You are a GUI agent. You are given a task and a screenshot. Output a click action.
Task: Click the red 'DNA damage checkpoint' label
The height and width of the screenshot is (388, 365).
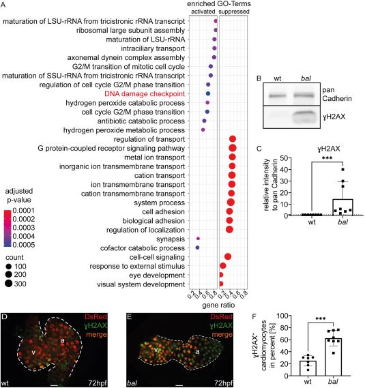145,94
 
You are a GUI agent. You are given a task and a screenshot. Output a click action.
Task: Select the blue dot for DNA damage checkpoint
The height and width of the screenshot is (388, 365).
208,93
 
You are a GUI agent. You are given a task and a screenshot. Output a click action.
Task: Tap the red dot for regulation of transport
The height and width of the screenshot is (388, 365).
233,139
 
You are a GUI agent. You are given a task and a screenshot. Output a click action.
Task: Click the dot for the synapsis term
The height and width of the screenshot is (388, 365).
198,239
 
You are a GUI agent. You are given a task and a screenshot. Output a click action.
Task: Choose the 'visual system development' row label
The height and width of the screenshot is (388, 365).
141,284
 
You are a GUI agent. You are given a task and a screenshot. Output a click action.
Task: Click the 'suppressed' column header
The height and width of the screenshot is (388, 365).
234,12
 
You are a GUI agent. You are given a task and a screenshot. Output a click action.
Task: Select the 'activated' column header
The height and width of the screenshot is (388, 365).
203,12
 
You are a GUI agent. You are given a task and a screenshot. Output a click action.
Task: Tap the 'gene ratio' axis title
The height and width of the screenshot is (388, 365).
218,305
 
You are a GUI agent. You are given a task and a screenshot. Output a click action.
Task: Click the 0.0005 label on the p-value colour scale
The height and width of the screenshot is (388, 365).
23,245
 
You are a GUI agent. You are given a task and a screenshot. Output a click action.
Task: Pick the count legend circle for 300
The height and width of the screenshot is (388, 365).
9,284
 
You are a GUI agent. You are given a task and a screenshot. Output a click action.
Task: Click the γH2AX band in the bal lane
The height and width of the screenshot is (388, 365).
304,117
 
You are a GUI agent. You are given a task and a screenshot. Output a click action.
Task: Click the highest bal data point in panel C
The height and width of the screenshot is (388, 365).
343,170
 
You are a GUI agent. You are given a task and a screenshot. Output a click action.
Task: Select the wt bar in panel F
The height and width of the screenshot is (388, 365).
308,368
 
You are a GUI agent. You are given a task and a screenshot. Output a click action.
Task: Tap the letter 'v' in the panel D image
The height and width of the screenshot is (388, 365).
33,352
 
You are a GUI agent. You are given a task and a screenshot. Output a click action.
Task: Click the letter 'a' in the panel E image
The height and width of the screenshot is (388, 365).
197,351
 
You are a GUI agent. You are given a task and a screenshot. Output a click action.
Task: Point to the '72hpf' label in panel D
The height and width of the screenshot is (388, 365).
98,383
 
